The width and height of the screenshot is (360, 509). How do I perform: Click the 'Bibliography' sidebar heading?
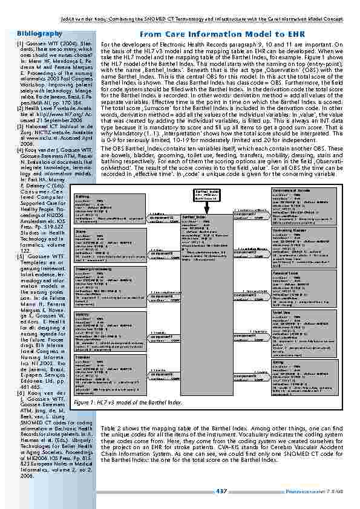(x=41, y=33)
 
